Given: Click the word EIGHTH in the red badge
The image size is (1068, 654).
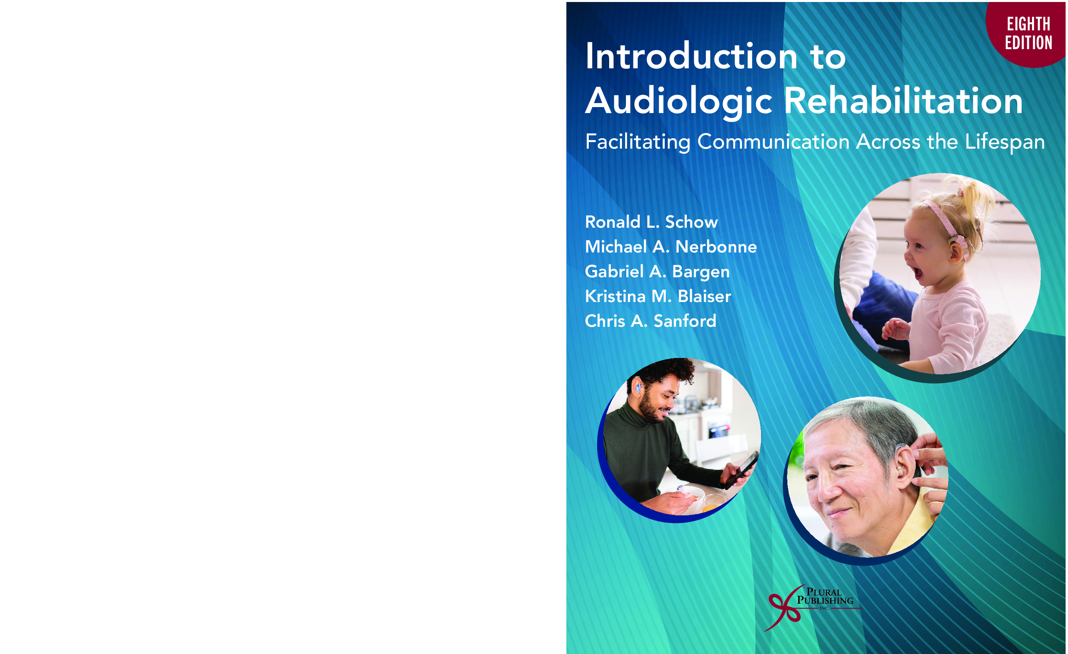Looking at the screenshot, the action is point(1028,24).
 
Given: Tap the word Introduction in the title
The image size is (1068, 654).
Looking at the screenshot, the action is point(691,56).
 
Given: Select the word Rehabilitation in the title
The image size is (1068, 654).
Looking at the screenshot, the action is point(904,101).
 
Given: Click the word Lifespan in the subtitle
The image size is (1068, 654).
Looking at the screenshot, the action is point(1005,143).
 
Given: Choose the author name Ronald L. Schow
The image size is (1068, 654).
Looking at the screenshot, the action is point(651,222).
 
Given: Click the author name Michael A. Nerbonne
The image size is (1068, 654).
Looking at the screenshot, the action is point(671,246).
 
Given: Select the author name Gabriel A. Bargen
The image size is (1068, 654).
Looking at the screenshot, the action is point(657,272).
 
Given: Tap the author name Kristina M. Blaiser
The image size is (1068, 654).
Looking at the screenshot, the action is point(658,296).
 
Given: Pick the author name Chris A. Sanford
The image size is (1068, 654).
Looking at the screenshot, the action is point(650,321).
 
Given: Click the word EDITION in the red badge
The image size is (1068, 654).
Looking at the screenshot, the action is point(1028,43).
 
